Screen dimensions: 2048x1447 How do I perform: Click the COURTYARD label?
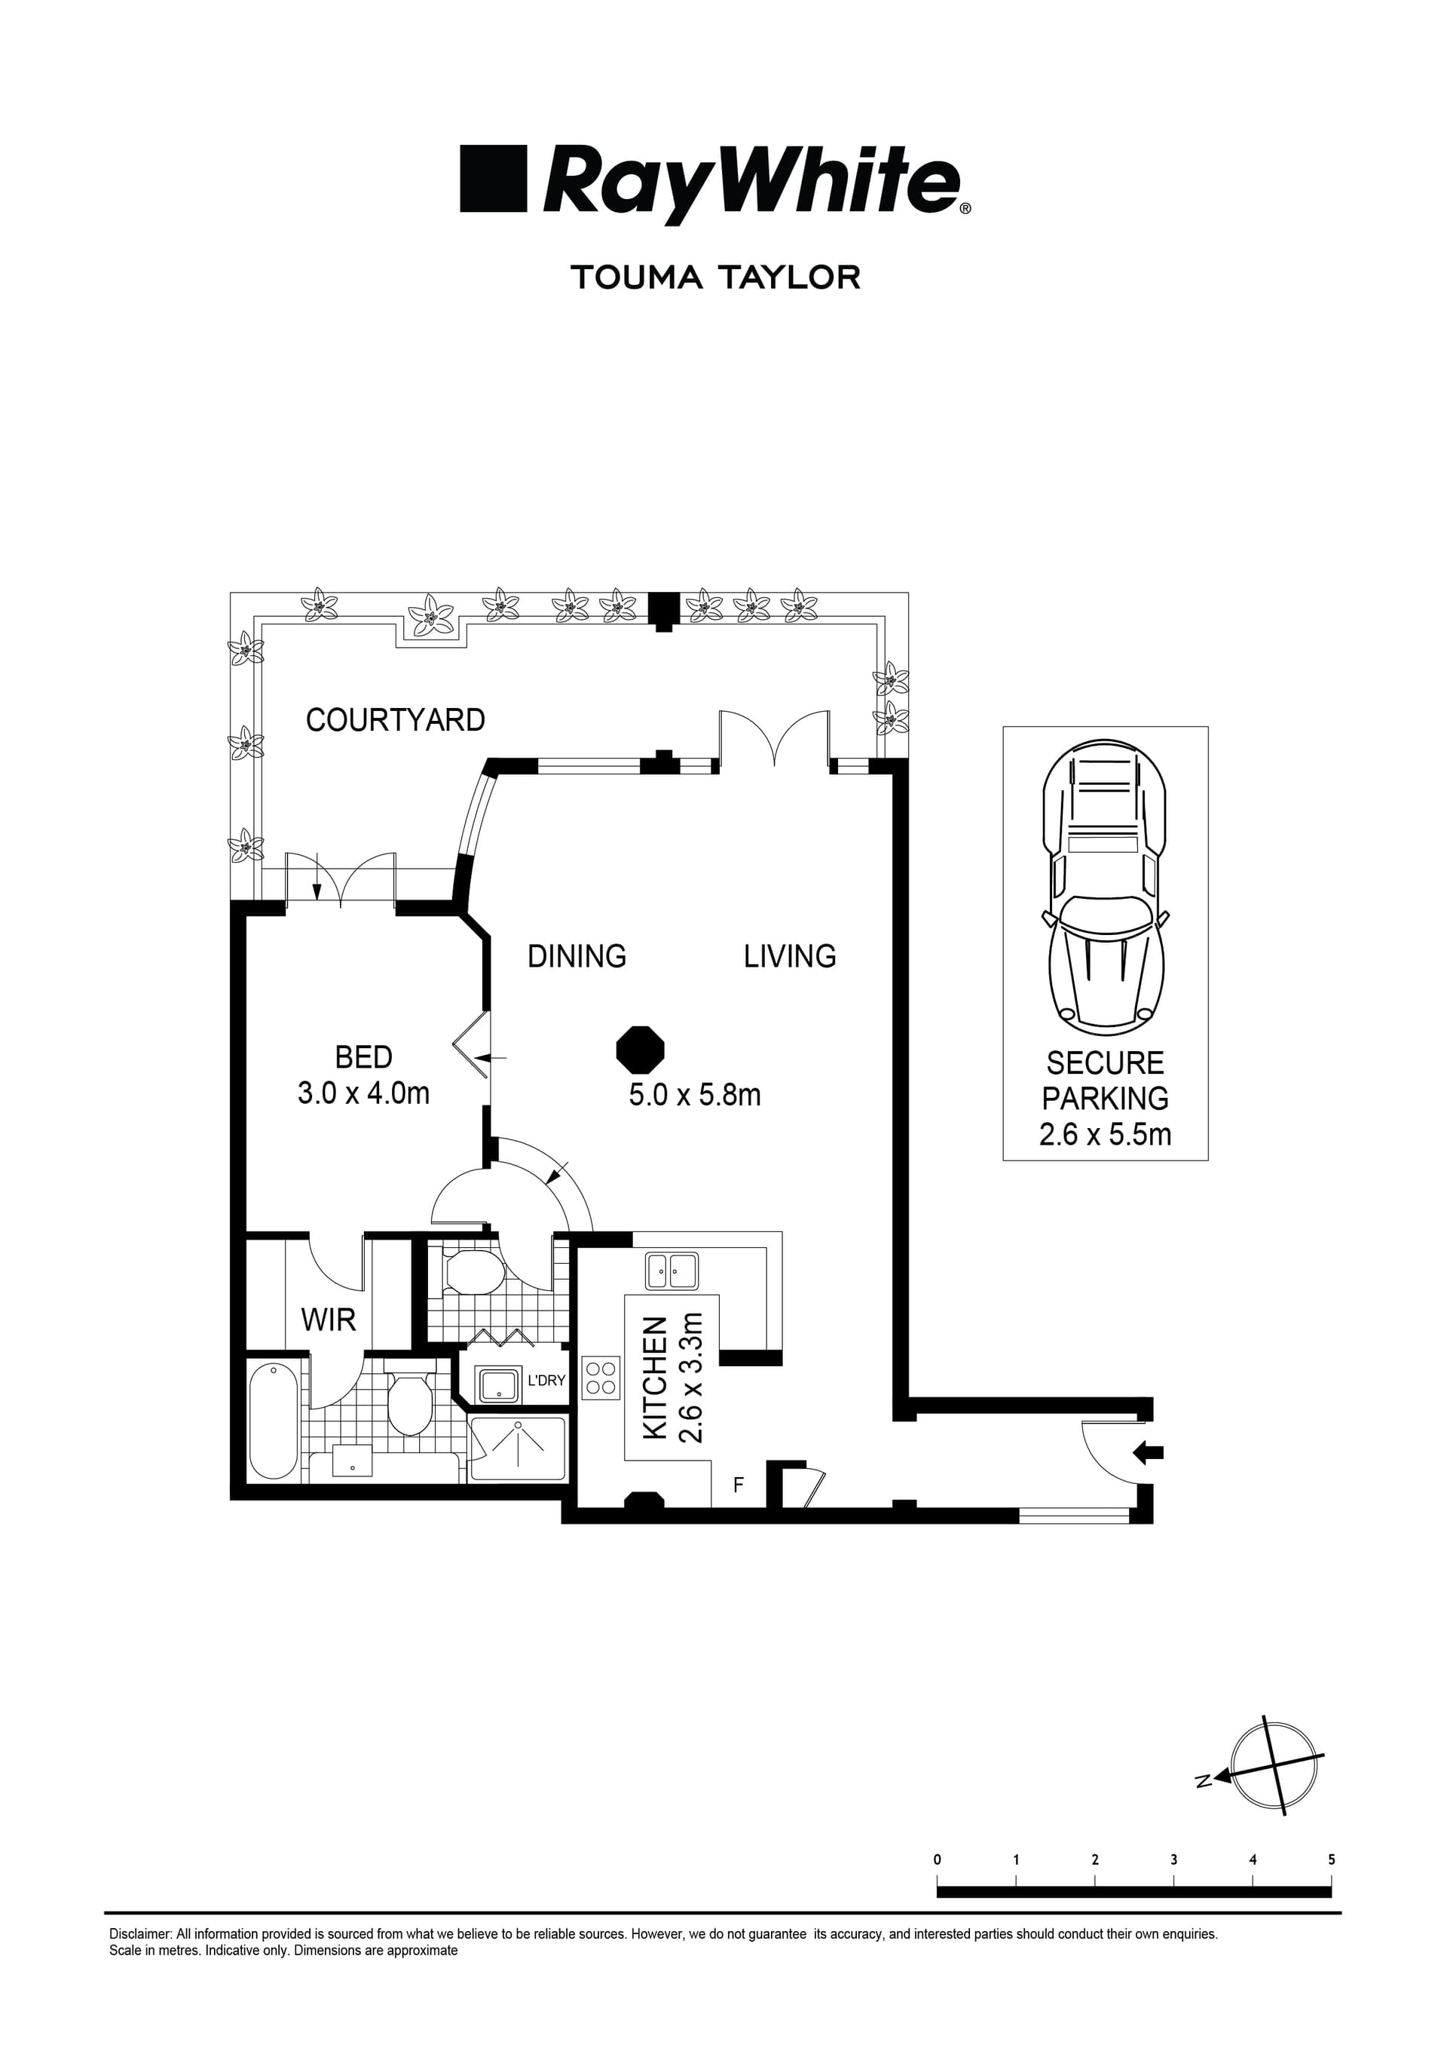[x=395, y=720]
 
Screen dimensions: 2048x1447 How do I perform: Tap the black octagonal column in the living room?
[x=640, y=1050]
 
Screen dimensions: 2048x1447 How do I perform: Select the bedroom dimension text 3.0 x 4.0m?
[x=364, y=1093]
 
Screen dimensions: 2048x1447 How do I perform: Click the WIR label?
[x=328, y=1320]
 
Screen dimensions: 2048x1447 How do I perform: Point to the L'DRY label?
[x=546, y=1381]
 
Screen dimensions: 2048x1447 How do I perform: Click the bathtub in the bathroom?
[x=273, y=1420]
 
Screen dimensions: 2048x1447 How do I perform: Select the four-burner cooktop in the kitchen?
[x=601, y=1377]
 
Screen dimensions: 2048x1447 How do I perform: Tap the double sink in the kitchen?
[x=672, y=1270]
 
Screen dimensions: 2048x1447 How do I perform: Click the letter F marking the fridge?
[x=739, y=1486]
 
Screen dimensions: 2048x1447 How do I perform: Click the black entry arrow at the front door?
[x=1148, y=1453]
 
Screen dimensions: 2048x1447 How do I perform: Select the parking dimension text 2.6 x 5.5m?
[x=1106, y=1135]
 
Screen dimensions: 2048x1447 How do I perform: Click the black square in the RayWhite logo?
[x=493, y=179]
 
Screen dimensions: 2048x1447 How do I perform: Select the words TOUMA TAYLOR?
[x=716, y=277]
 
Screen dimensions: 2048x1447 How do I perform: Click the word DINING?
[x=577, y=956]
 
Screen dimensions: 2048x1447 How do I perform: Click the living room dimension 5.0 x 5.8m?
[x=695, y=1094]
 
